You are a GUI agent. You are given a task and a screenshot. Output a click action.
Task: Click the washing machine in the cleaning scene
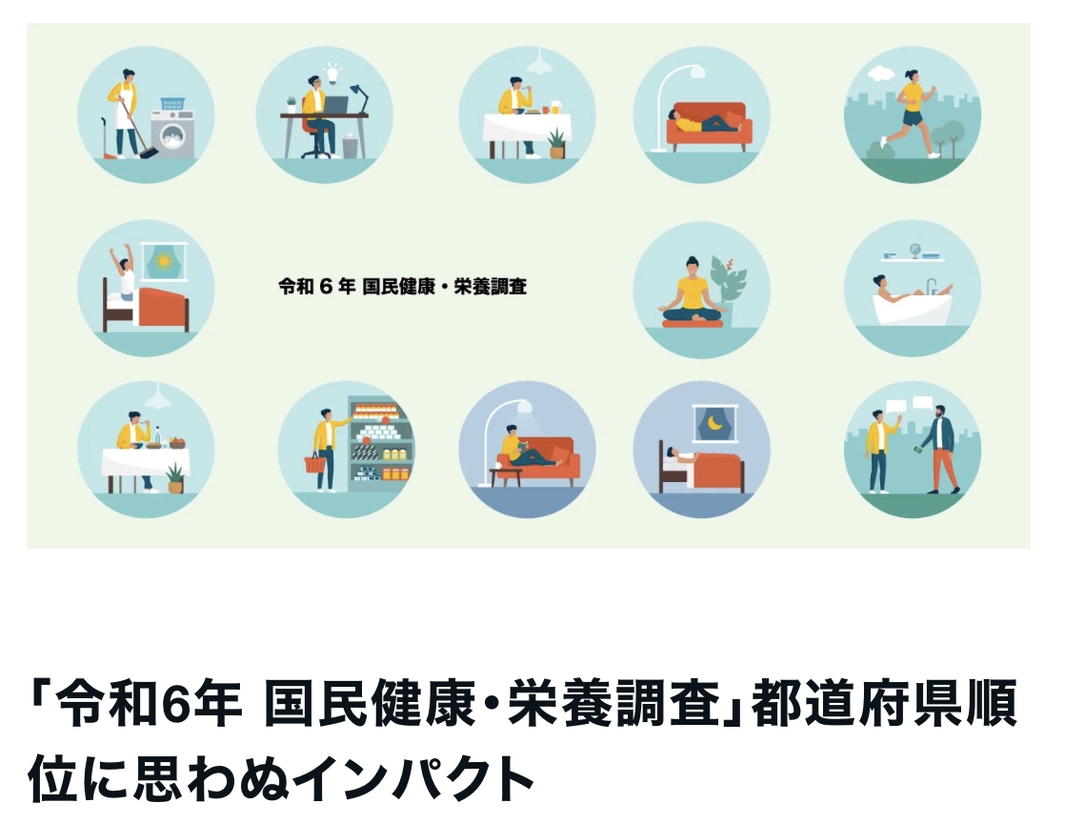(172, 133)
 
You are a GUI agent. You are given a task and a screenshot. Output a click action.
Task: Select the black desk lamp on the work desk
(360, 98)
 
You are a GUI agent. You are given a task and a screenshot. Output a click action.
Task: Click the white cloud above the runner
(881, 72)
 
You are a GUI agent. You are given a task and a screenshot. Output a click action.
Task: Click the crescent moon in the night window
(714, 423)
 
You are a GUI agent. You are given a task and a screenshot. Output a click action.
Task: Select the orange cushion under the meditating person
(693, 323)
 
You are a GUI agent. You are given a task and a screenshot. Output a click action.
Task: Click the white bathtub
(912, 309)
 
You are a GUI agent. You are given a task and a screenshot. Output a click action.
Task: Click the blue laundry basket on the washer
(172, 104)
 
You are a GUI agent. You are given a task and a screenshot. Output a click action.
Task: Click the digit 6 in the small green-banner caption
(326, 287)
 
